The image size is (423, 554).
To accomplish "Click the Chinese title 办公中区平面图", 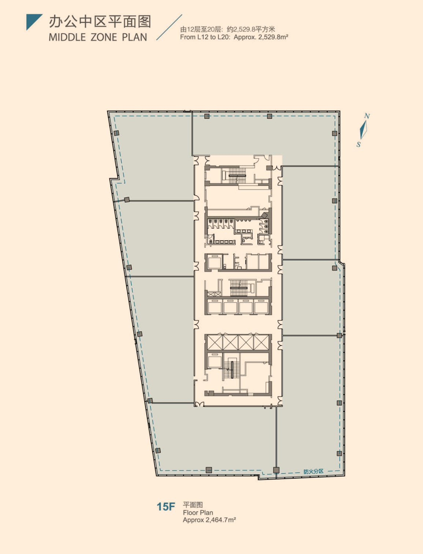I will (100, 22).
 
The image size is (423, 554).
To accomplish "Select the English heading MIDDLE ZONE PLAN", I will (98, 37).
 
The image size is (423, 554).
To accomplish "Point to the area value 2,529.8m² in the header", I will (273, 37).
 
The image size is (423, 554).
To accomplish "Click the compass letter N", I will (367, 116).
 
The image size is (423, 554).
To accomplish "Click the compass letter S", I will (358, 145).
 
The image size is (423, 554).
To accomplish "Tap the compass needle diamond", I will (364, 130).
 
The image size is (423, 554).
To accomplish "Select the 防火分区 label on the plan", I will (313, 471).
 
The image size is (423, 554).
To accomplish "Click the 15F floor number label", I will (166, 507).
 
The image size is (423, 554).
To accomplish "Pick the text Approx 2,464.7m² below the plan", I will (209, 520).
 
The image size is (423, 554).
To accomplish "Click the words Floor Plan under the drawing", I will (198, 513).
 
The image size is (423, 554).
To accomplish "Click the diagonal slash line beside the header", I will (169, 27).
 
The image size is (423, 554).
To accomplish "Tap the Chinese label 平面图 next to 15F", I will (193, 505).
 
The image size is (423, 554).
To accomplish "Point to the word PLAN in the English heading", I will (135, 37).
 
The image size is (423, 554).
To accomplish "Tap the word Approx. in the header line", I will (245, 37).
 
